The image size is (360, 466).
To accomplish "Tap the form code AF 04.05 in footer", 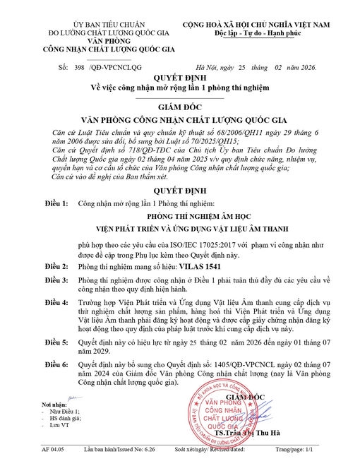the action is point(53,449).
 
